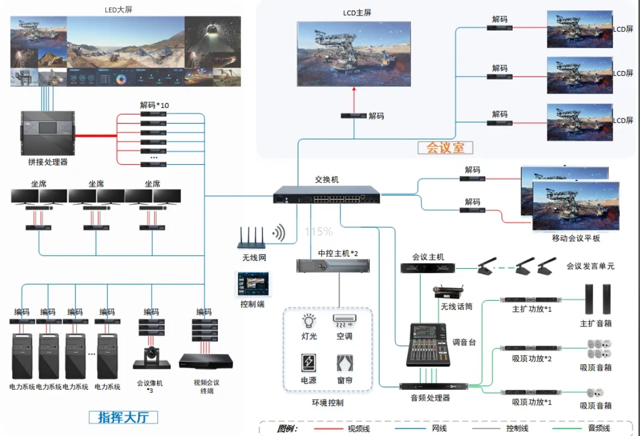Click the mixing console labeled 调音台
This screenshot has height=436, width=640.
point(428,344)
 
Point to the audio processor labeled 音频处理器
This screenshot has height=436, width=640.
point(433,387)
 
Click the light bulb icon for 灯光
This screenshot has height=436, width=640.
point(309,321)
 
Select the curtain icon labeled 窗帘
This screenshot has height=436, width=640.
point(345,363)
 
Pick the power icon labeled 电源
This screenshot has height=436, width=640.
point(309,363)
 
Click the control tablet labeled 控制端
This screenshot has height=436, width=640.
point(252,285)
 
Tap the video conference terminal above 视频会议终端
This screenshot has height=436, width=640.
point(206,361)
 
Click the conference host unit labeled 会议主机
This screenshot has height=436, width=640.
point(428,268)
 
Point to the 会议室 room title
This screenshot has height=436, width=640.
point(445,148)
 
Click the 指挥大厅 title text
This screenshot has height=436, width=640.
point(124,418)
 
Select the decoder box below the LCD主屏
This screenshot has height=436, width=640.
point(353,116)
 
